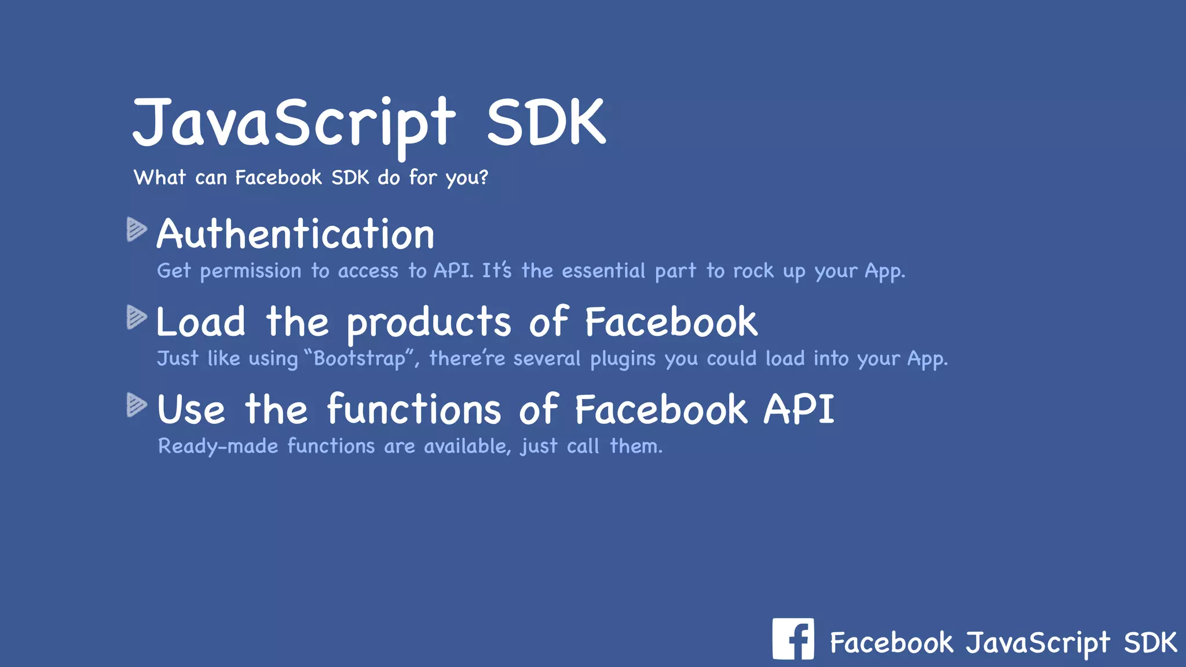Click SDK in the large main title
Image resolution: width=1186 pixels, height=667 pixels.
click(546, 123)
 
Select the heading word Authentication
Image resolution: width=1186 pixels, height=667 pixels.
click(295, 234)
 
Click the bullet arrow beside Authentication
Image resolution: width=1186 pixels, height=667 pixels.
click(136, 229)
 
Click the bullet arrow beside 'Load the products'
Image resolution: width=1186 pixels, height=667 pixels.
click(136, 317)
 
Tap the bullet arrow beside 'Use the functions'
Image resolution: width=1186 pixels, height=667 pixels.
click(136, 405)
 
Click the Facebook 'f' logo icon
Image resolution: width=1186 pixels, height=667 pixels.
click(793, 639)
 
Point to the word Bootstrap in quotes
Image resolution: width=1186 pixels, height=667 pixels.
click(360, 358)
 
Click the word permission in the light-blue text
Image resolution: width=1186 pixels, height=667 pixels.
click(250, 271)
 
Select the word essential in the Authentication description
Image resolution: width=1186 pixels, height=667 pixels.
click(603, 270)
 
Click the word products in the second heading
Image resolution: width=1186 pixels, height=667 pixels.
click(429, 323)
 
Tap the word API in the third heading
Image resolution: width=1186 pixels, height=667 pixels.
click(799, 409)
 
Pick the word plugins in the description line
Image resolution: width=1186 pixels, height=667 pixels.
click(623, 359)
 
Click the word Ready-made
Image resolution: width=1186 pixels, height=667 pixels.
click(218, 446)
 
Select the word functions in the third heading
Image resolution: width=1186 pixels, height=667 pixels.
click(413, 409)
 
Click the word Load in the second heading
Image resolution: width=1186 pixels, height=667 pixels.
click(201, 322)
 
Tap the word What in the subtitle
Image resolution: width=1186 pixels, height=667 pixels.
click(160, 177)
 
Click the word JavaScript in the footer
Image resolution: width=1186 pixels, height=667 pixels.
click(1038, 643)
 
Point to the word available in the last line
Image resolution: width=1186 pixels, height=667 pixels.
click(467, 446)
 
